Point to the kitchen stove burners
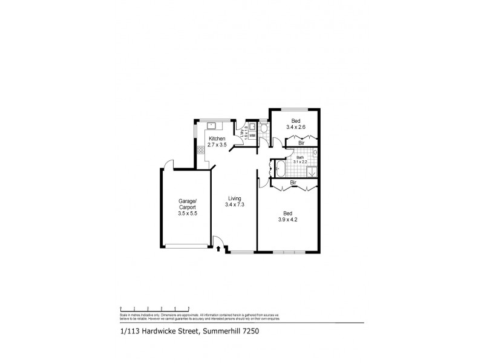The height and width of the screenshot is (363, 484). (x=200, y=149)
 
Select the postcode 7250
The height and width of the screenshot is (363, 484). (x=252, y=331)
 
